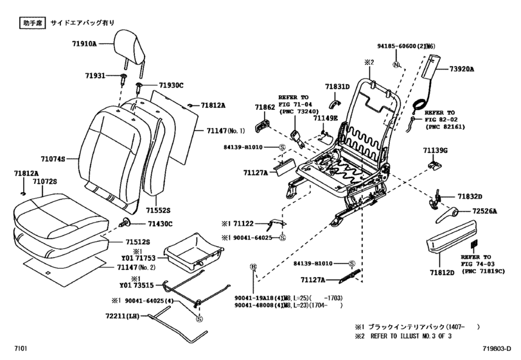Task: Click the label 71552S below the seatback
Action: point(157,210)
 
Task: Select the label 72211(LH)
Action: point(128,316)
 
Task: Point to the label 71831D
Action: point(337,86)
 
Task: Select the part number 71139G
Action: point(436,150)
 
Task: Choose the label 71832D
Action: point(470,196)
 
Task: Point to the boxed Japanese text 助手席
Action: point(26,22)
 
